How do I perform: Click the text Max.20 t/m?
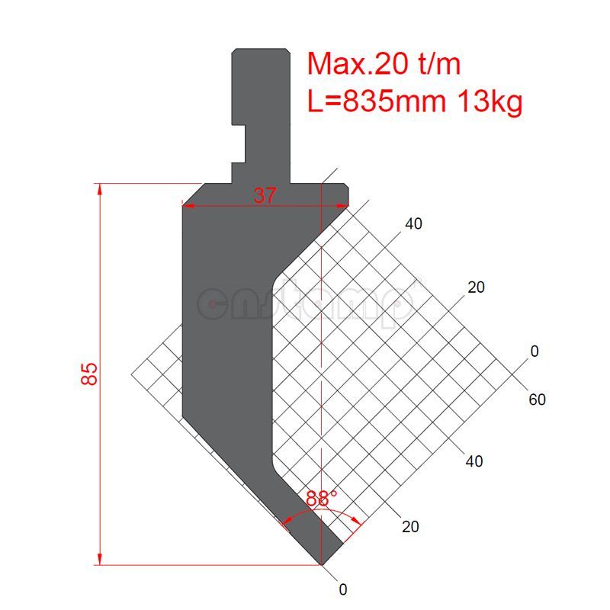(384, 64)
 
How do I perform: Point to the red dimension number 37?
(265, 196)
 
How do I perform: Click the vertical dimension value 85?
(90, 374)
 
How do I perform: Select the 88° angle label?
(322, 499)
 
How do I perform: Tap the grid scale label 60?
(536, 400)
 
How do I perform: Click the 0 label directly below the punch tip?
(343, 589)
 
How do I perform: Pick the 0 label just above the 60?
(535, 351)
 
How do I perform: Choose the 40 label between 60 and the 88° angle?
(474, 461)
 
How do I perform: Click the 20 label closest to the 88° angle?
(409, 526)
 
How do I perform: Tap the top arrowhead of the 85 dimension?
(99, 188)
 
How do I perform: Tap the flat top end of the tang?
(262, 49)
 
